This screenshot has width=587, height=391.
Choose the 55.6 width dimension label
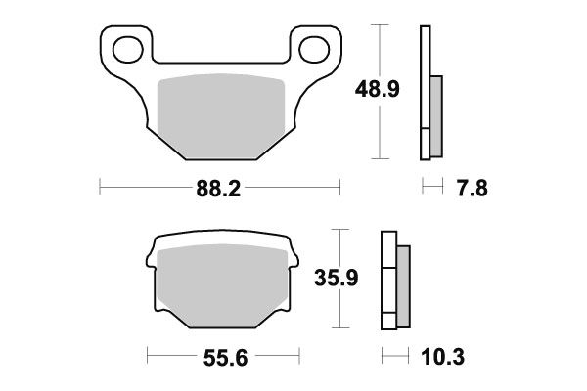(219, 358)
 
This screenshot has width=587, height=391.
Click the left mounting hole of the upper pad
(125, 46)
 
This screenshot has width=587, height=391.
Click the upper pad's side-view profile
(426, 93)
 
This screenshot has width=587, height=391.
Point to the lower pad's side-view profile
(390, 281)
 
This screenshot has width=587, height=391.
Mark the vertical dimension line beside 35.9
(339, 281)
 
